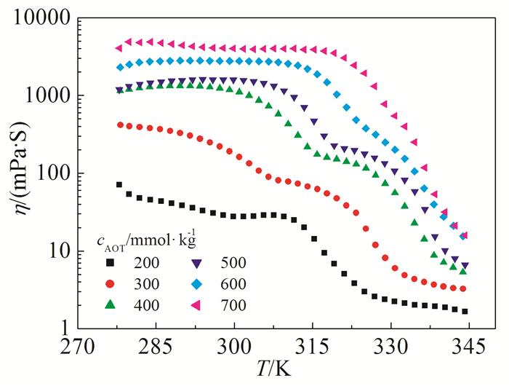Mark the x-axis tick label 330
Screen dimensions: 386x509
click(x=390, y=344)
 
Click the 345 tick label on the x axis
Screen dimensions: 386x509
click(x=468, y=344)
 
